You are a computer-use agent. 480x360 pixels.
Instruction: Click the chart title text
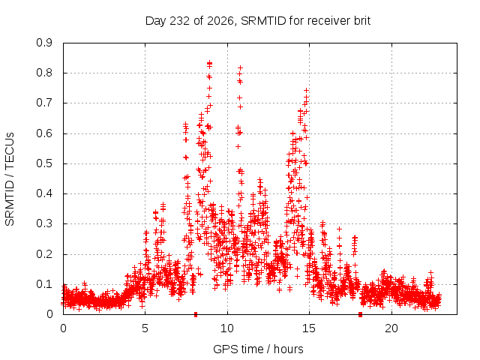(x=258, y=21)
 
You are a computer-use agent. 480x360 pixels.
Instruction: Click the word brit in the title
(x=362, y=21)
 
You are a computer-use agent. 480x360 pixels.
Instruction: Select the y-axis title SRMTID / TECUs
(x=10, y=179)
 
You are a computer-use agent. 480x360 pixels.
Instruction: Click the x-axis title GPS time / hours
(x=258, y=349)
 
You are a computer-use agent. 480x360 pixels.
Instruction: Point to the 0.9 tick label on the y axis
(x=44, y=43)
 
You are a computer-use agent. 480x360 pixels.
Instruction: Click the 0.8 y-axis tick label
(x=44, y=73)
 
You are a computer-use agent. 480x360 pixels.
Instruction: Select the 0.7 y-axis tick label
(x=44, y=103)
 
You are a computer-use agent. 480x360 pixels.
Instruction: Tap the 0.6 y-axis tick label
(x=44, y=133)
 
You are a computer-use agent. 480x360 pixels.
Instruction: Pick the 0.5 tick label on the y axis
(x=44, y=163)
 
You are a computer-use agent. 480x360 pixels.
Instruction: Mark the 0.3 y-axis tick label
(x=44, y=223)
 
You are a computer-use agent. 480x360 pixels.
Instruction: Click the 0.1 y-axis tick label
(x=44, y=284)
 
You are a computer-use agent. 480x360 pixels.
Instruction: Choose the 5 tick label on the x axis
(x=145, y=328)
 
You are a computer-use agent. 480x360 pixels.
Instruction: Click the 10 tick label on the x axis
(x=227, y=328)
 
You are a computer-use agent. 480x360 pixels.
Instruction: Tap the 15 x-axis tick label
(x=309, y=328)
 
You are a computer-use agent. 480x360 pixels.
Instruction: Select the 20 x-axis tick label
(x=391, y=328)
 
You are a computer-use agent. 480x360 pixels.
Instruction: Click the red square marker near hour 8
(x=196, y=314)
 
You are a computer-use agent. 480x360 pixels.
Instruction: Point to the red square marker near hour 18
(x=360, y=314)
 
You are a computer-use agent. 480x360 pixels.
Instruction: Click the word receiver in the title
(x=329, y=21)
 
